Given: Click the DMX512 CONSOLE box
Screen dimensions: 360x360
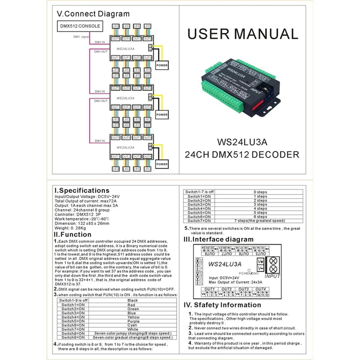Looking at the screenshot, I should coord(80,26).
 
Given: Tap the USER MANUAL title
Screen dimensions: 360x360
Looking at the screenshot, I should coord(243,34).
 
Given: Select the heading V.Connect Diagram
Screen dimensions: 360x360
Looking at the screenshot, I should coord(93,14).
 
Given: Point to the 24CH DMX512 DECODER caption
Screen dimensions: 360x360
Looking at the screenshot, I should coord(242,155).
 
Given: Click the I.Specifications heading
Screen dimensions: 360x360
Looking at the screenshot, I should coord(82,190).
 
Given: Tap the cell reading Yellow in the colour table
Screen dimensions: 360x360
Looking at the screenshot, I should coord(133,317).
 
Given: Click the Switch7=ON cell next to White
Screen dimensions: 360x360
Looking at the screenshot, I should coord(73,329).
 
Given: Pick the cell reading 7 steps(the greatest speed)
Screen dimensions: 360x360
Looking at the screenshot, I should coord(259,221).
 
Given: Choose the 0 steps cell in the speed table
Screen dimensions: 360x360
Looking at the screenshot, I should coord(260,192).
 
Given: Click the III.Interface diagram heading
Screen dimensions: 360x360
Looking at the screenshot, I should coord(218,239).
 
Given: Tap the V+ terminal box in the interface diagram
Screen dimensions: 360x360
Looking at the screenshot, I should coord(260,261).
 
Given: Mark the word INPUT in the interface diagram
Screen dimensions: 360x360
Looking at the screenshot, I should coord(272,276).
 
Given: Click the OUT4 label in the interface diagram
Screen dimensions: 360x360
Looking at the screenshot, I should coord(260,289).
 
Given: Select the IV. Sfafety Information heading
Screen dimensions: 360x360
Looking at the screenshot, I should coord(222,305).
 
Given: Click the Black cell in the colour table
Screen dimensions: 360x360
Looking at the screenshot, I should coord(133,300).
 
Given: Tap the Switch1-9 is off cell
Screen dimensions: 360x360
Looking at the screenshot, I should coord(73,300).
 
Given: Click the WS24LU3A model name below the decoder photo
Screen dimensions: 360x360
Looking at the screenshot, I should coord(242,142).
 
